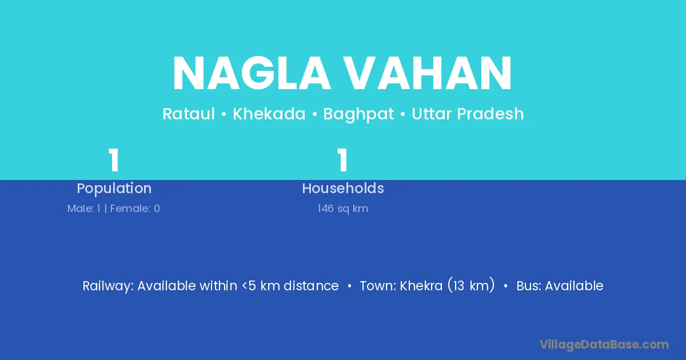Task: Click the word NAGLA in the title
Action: (252, 73)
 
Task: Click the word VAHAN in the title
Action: (427, 73)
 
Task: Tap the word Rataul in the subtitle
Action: (188, 114)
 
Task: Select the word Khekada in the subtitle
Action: (269, 114)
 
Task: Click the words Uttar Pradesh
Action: (468, 114)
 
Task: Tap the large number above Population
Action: (114, 160)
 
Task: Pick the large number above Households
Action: (342, 160)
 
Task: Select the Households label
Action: (343, 188)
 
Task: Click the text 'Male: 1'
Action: (84, 209)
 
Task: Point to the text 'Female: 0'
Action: (135, 209)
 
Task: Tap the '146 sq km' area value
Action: (342, 209)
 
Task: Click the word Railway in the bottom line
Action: (108, 286)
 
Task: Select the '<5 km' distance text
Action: (261, 286)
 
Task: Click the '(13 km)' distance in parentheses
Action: (471, 285)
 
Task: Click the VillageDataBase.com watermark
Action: (604, 345)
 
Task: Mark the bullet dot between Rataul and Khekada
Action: (224, 114)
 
